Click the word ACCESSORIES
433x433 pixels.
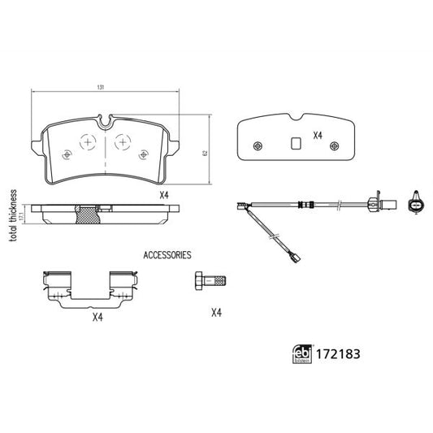click(x=167, y=254)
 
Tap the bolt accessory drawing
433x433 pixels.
click(x=209, y=281)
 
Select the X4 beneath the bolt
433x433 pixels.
click(x=215, y=312)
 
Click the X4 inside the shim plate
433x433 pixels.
click(x=318, y=137)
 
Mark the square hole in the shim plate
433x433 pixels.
click(x=297, y=145)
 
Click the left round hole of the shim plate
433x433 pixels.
click(x=258, y=146)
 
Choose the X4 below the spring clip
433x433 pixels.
click(x=98, y=318)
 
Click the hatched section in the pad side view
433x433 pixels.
click(x=86, y=215)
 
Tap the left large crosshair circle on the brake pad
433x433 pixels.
click(x=87, y=141)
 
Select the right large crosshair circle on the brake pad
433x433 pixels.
click(x=122, y=141)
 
